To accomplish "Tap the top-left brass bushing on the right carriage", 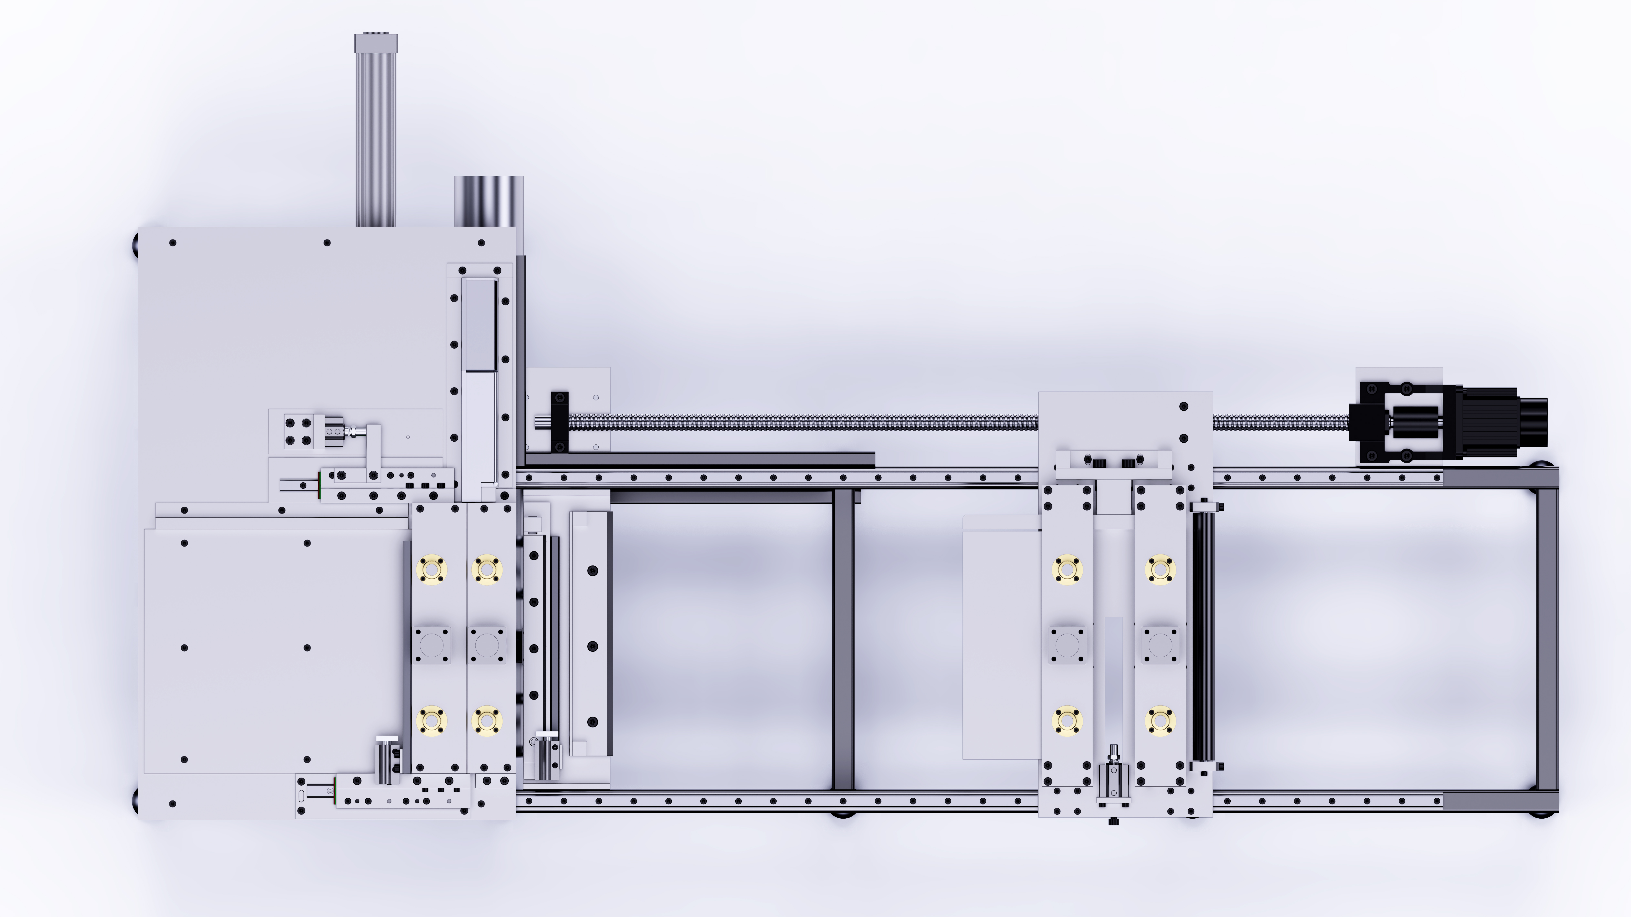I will pyautogui.click(x=1067, y=568).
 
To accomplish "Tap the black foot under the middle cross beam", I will pyautogui.click(x=843, y=814).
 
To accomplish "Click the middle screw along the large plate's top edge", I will pyautogui.click(x=327, y=242).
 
